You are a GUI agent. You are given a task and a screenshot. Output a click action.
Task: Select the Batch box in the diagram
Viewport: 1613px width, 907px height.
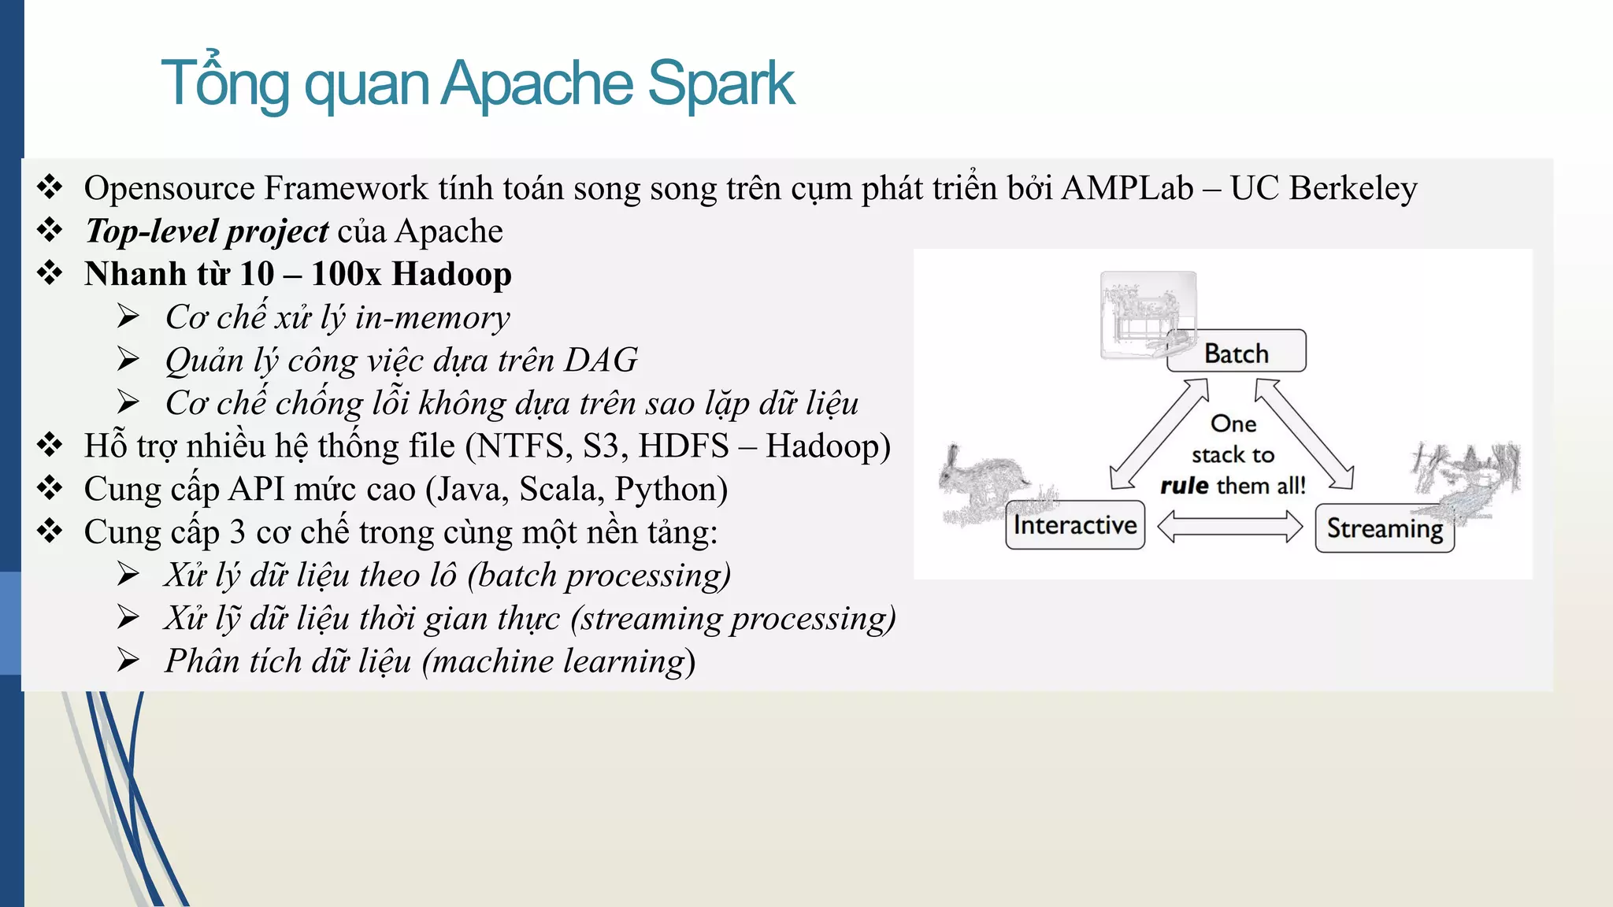click(x=1236, y=352)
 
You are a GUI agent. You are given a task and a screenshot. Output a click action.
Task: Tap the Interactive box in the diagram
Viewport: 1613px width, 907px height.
click(x=1075, y=525)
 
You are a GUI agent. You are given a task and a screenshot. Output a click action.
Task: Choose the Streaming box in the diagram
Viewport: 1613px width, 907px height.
click(x=1385, y=528)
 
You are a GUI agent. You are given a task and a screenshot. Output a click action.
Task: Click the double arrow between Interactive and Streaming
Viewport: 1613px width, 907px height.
click(x=1229, y=527)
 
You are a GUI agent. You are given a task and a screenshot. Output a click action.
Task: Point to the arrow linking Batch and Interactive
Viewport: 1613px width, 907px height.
click(x=1158, y=435)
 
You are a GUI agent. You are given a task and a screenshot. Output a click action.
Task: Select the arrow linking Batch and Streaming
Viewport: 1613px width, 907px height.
click(x=1304, y=435)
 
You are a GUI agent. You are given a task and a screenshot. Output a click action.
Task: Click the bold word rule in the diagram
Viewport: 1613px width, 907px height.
click(x=1184, y=486)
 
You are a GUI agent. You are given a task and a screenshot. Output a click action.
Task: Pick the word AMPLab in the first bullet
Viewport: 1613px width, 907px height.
click(x=1127, y=188)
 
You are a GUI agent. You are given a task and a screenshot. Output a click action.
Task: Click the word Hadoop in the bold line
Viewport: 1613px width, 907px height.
click(x=451, y=274)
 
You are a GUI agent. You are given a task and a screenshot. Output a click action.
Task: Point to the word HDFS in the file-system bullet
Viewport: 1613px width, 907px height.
click(x=684, y=446)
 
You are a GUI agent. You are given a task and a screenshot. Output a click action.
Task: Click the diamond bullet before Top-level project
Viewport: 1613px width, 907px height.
click(x=50, y=231)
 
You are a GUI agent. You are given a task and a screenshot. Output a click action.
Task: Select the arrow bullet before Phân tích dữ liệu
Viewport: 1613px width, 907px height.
click(x=128, y=660)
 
